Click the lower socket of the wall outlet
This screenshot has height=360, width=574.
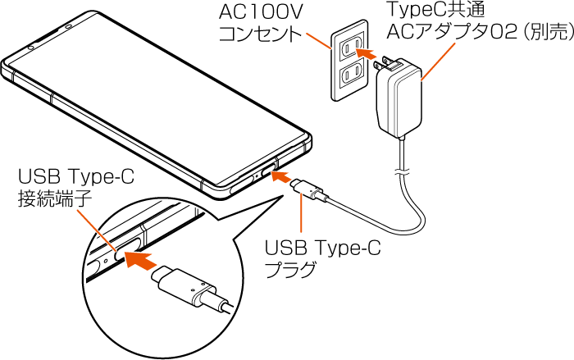pyautogui.click(x=353, y=75)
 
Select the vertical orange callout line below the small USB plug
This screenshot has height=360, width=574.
pyautogui.click(x=303, y=217)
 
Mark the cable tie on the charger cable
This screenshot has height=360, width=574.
pyautogui.click(x=401, y=172)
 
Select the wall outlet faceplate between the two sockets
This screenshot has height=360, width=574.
pyautogui.click(x=348, y=63)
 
